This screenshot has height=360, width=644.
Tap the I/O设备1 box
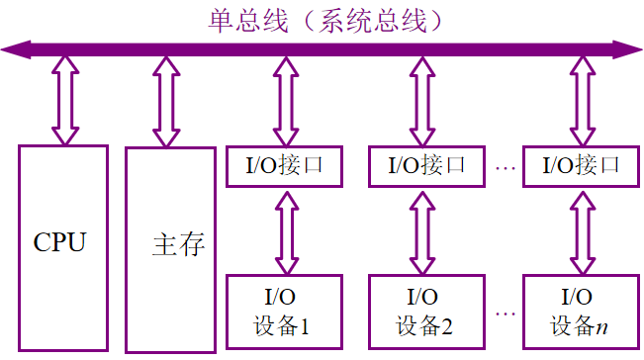284,311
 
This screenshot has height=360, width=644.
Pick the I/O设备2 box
424,311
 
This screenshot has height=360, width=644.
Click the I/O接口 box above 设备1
284,165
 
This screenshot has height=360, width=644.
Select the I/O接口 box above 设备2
424,165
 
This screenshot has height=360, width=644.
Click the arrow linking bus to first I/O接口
285,99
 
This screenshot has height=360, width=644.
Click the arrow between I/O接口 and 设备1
285,231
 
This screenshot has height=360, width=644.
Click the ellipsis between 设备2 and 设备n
505,314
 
